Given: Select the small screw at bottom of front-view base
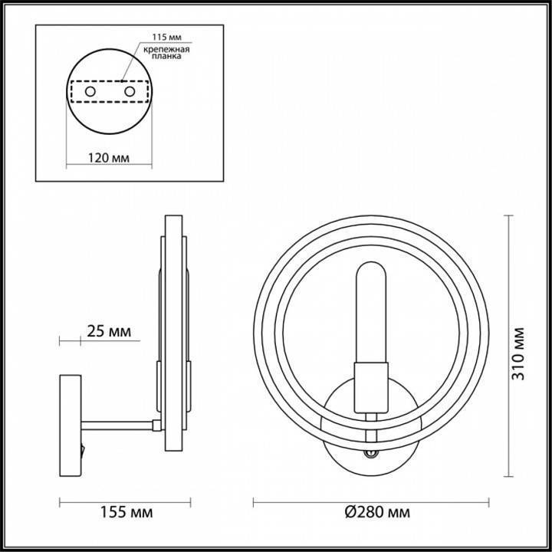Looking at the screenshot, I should tap(373, 454).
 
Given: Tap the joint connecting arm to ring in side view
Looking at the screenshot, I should tap(157, 424).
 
